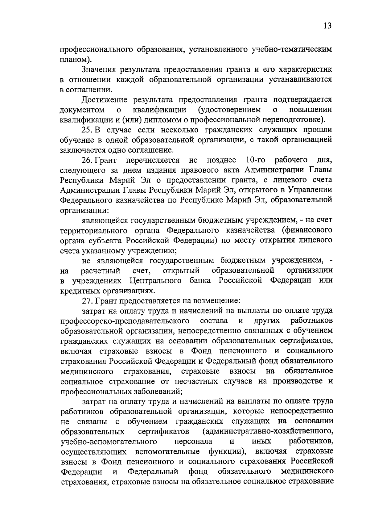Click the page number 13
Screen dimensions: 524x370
click(327, 26)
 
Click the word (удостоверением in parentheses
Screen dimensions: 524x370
click(230, 110)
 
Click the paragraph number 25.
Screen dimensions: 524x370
click(87, 130)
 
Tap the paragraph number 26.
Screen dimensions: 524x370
click(87, 160)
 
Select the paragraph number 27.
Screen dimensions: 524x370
click(87, 300)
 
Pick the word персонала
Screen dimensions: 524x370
click(193, 441)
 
